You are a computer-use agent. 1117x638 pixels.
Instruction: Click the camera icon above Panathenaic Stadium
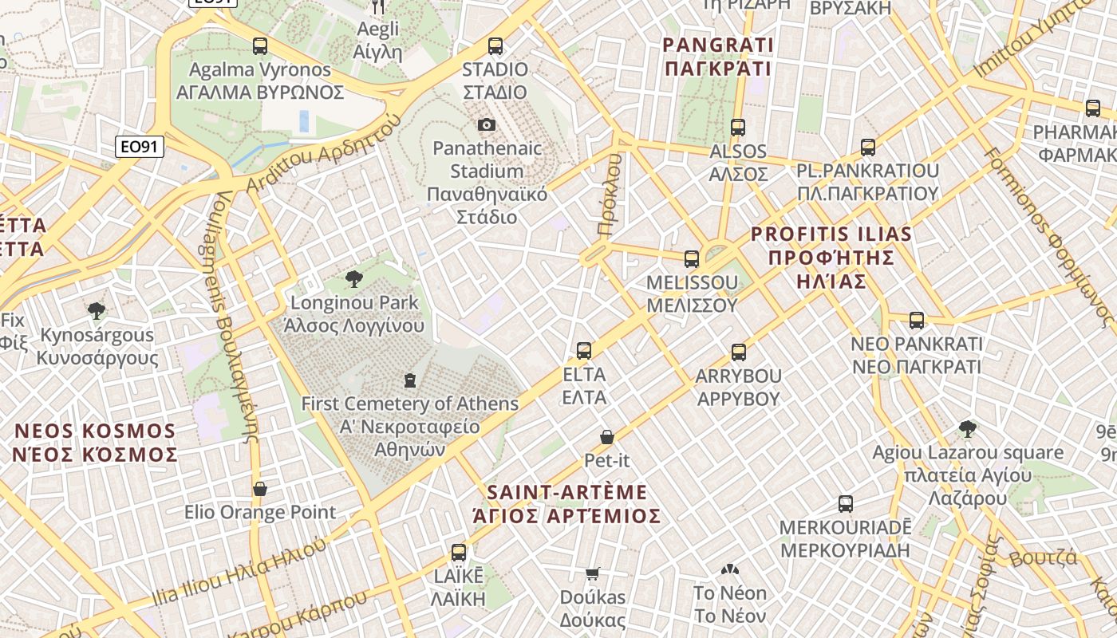pyautogui.click(x=486, y=125)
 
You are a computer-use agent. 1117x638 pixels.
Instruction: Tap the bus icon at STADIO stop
pyautogui.click(x=495, y=46)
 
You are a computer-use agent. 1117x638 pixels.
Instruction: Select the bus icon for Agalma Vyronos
pyautogui.click(x=260, y=46)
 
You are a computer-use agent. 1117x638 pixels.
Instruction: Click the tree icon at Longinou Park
pyautogui.click(x=353, y=279)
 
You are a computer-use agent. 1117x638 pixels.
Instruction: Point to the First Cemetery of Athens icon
pyautogui.click(x=410, y=380)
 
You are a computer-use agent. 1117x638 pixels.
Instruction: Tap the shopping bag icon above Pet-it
pyautogui.click(x=607, y=437)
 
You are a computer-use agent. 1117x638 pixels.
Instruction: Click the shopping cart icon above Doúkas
pyautogui.click(x=593, y=573)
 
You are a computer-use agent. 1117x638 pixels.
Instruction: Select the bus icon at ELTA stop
pyautogui.click(x=584, y=351)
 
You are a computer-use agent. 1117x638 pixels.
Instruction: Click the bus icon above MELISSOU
pyautogui.click(x=692, y=259)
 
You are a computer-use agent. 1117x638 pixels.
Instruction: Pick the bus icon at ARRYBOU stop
pyautogui.click(x=739, y=352)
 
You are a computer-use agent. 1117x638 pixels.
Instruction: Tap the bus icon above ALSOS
pyautogui.click(x=738, y=128)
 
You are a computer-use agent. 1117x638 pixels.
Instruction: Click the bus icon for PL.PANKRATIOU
pyautogui.click(x=868, y=148)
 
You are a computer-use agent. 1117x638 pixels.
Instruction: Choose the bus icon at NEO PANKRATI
pyautogui.click(x=917, y=321)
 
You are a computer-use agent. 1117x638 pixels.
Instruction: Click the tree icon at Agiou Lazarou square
pyautogui.click(x=968, y=429)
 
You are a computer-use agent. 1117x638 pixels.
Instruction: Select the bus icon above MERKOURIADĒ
pyautogui.click(x=846, y=504)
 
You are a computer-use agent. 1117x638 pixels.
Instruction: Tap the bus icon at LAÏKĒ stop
pyautogui.click(x=459, y=552)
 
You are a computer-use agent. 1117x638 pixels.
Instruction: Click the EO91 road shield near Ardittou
pyautogui.click(x=140, y=147)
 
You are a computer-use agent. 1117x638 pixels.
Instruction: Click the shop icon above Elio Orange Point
pyautogui.click(x=260, y=489)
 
